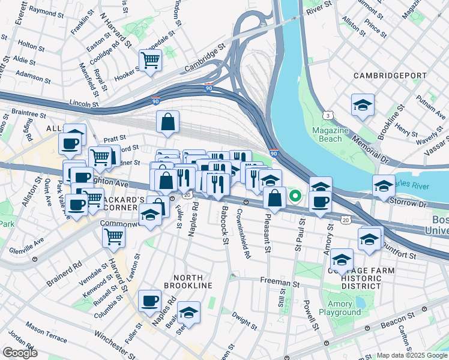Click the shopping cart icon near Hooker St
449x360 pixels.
coord(150,59)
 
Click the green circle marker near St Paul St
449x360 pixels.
coord(295,195)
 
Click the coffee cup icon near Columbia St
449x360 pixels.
coord(150,301)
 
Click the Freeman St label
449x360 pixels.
coord(279,280)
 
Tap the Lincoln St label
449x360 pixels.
coord(83,103)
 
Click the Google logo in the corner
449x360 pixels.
coord(19,353)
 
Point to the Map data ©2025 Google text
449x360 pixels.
coord(411,355)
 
